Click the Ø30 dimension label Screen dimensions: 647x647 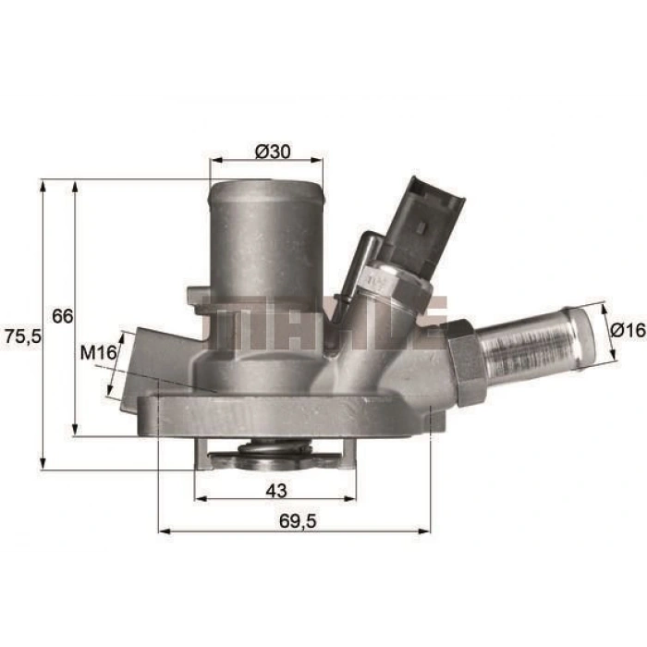click(273, 152)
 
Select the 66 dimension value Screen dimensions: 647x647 click(62, 316)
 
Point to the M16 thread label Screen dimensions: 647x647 click(99, 352)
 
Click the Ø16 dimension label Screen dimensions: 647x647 click(628, 330)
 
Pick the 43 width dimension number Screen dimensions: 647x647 click(276, 491)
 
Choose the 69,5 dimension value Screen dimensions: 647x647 click(298, 521)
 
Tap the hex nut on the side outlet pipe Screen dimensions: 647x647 click(465, 361)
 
